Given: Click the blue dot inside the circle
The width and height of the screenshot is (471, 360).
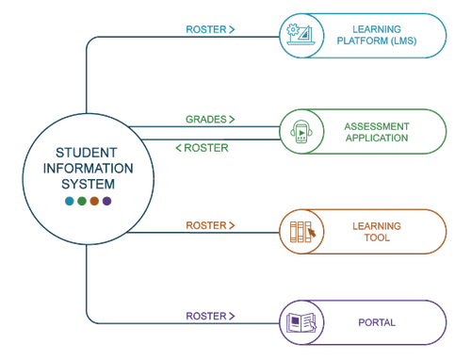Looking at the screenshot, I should click(67, 202).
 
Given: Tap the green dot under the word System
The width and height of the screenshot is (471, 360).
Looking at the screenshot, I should click(81, 202).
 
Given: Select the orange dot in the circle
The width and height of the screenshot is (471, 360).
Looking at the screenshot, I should click(94, 202).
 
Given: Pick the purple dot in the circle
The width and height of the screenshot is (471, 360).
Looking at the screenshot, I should click(107, 202).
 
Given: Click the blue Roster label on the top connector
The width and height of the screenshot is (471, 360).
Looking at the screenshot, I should click(210, 29).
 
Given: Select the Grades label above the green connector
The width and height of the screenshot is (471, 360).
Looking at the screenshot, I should click(210, 120).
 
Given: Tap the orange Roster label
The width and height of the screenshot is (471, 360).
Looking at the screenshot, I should click(210, 226).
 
